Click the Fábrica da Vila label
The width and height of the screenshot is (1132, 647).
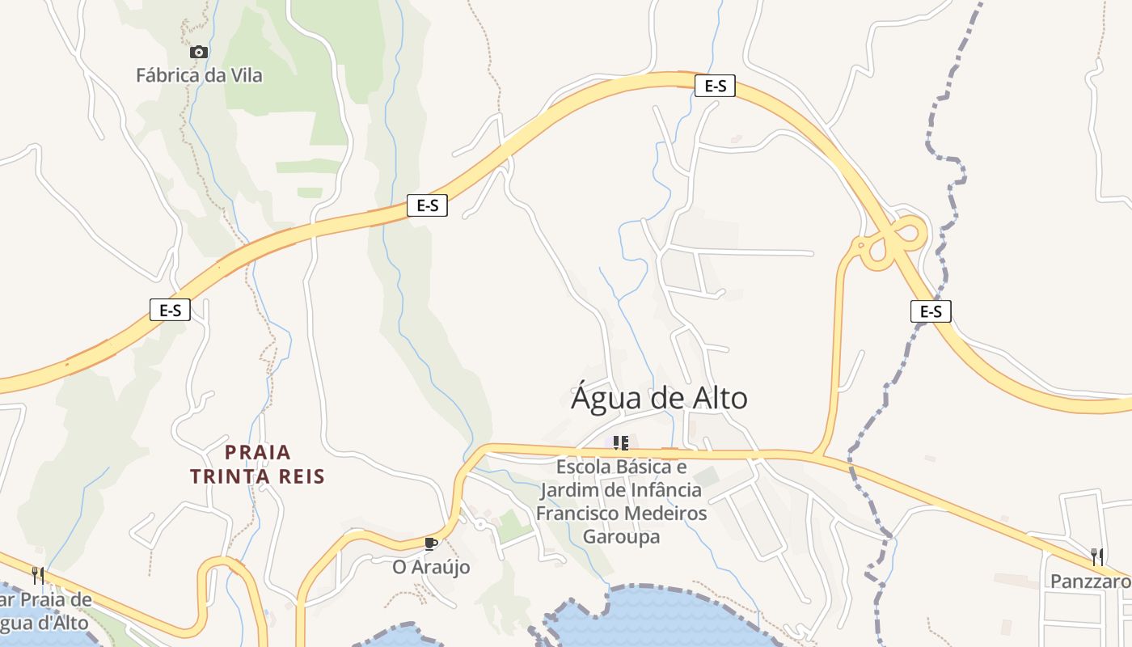pos(199,76)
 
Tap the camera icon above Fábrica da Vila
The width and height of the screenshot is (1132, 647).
pos(198,53)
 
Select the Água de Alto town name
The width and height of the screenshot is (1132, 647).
pos(659,398)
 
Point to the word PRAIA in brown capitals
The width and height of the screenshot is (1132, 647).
pos(258,452)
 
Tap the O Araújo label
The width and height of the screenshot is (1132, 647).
pos(431,568)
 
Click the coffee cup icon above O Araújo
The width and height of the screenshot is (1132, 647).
pos(431,543)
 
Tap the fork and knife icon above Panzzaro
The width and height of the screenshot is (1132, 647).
pos(1097,556)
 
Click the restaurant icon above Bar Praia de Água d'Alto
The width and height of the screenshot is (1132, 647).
pos(37,575)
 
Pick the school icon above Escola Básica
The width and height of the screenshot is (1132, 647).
pos(620,442)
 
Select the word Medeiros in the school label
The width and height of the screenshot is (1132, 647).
pos(666,514)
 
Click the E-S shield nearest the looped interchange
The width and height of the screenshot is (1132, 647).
pos(931,311)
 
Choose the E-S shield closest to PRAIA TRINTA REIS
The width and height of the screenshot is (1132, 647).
pos(170,310)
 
